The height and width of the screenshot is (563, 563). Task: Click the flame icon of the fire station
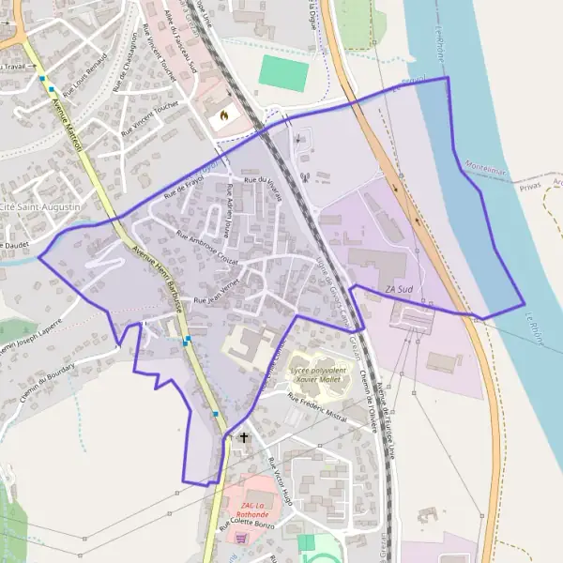[223, 116]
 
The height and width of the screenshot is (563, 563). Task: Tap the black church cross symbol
[244, 437]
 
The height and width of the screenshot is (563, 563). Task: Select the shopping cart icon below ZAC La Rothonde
[242, 538]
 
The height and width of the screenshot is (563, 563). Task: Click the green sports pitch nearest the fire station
[283, 73]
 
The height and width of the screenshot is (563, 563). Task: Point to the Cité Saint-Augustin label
[40, 205]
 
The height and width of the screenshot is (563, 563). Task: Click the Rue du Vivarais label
[263, 181]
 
